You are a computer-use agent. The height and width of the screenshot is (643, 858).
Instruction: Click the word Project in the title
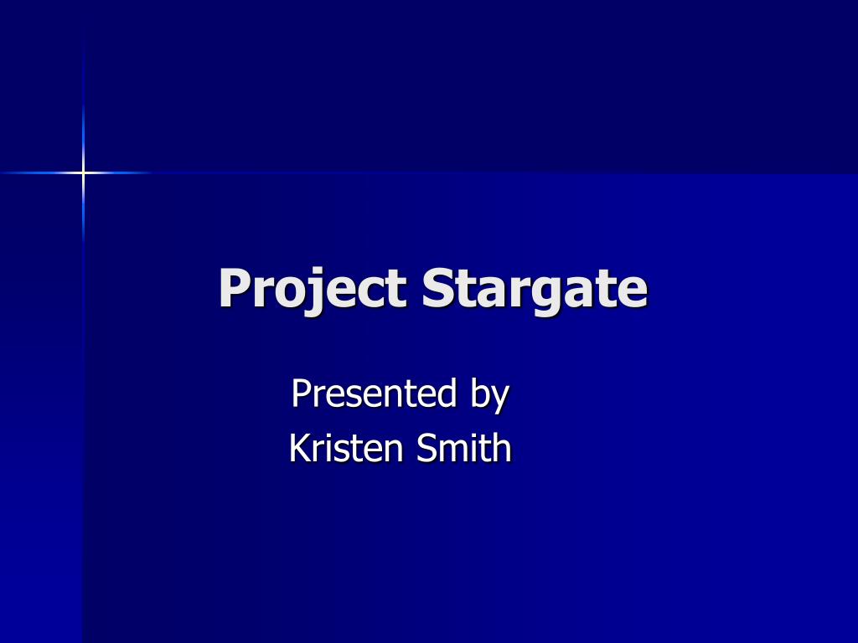[313, 289]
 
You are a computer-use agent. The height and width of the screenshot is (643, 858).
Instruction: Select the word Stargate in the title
[535, 289]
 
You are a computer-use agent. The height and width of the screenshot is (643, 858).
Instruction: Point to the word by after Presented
[489, 394]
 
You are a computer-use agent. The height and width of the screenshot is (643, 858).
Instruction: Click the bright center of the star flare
[83, 172]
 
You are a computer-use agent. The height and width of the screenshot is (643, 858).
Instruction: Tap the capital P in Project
[234, 288]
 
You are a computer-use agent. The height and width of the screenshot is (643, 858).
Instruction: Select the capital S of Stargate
[437, 288]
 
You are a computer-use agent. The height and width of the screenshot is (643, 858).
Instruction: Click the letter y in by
[499, 397]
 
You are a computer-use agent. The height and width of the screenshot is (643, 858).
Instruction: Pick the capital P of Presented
[300, 393]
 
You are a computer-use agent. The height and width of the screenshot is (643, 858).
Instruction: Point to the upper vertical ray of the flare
[83, 126]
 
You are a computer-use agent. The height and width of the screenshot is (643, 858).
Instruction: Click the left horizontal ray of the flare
[38, 172]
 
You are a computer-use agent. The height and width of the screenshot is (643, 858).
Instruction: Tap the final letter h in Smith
[502, 448]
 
